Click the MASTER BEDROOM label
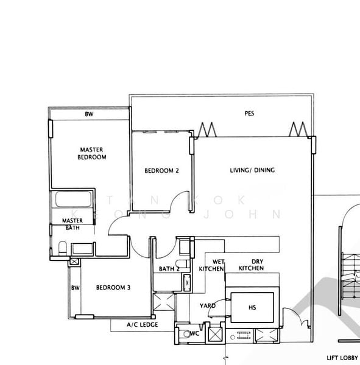[x=92, y=153]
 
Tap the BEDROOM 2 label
[x=161, y=171]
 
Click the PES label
[x=249, y=113]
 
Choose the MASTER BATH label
[x=72, y=224]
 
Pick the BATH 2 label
[x=168, y=268]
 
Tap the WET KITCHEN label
[x=211, y=265]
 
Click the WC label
[x=195, y=333]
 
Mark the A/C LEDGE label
[x=142, y=325]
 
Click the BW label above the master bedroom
[x=89, y=114]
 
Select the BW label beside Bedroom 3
[x=75, y=288]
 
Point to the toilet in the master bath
[x=63, y=247]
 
